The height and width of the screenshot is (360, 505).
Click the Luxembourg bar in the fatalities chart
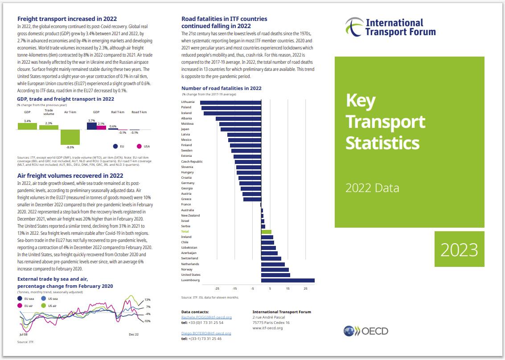coord(287,280)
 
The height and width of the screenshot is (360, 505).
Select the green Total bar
coord(266,232)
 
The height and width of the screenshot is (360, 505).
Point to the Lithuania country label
coord(188,102)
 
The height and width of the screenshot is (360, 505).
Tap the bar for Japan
coord(241,129)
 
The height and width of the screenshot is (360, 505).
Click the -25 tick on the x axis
coord(217,289)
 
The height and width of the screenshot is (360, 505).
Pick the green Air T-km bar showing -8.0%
coord(70,137)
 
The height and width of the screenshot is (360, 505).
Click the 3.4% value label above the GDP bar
coord(27,121)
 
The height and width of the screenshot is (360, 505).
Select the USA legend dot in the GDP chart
coord(139,146)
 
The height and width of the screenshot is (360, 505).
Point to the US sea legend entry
coord(49,299)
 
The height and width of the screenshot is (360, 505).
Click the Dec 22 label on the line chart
coord(134,334)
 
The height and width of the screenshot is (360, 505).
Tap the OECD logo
coord(366,331)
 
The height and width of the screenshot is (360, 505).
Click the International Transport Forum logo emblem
coord(354,27)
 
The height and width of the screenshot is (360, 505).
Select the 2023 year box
coord(459,249)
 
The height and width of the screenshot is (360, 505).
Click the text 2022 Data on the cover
coord(372,188)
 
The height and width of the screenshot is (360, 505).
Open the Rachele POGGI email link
coord(206,317)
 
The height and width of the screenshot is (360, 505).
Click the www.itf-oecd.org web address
coord(267,328)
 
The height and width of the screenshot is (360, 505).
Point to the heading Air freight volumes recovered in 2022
coord(70,176)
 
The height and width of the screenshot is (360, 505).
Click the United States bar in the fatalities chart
coord(276,275)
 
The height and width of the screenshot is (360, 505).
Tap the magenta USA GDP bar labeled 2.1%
coord(102,127)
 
